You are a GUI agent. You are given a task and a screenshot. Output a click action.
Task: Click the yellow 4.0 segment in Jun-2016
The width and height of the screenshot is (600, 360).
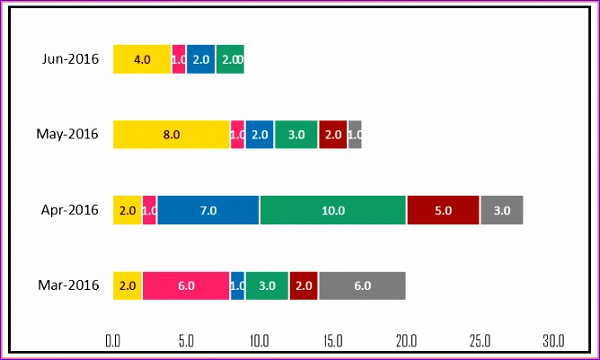pos(142,59)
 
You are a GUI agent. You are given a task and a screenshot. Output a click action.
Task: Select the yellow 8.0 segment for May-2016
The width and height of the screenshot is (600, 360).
pos(172,135)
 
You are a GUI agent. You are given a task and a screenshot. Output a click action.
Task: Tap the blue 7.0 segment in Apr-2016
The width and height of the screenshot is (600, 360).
pos(208,210)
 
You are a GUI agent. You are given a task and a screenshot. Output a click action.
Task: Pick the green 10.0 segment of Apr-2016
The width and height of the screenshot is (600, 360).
pos(333,210)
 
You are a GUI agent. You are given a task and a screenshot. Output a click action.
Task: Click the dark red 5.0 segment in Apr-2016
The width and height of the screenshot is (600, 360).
pos(443,210)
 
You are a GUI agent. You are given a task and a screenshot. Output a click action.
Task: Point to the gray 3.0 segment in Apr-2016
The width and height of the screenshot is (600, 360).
pos(501,210)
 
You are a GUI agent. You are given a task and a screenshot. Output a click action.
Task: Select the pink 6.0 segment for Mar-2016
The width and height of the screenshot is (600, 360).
pos(186,285)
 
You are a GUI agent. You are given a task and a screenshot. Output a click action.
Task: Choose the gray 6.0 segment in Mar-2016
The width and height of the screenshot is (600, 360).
pos(362,285)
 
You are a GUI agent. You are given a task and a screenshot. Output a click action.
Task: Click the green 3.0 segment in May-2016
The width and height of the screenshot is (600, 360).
pos(296,135)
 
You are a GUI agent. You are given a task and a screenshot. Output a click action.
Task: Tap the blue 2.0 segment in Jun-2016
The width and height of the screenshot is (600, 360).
pos(201,59)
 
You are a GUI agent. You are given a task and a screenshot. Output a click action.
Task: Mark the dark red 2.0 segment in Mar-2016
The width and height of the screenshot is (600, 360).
pos(304,285)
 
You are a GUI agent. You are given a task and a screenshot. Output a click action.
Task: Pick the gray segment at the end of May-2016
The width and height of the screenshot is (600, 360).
pos(355,135)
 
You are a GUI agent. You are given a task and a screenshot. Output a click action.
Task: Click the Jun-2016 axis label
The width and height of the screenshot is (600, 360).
pos(69,59)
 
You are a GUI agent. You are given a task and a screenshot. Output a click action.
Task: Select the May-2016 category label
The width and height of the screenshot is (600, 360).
pos(66,135)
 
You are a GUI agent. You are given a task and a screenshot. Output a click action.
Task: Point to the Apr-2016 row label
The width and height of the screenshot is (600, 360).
pos(69,210)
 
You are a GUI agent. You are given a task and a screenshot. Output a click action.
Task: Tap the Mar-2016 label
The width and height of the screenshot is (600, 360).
pos(68,285)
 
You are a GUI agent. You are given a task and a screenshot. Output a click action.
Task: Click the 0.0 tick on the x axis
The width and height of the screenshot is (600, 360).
pos(113,341)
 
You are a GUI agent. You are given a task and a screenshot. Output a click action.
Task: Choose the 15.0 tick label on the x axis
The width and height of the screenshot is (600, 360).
pos(333,341)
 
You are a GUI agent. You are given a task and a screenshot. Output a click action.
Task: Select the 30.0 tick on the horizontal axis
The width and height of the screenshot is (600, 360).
pos(553,341)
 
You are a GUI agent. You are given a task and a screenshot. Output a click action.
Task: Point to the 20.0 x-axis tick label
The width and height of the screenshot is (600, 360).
pos(407,341)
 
